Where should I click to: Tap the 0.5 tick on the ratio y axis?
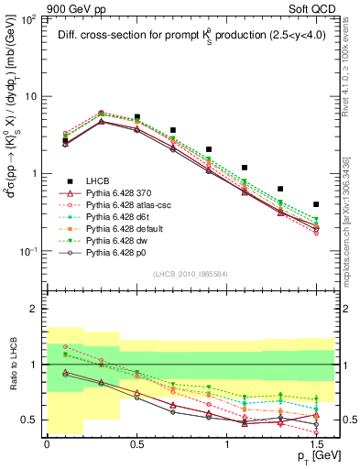pos(31,420)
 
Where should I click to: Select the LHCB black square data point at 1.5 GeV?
pos(316,204)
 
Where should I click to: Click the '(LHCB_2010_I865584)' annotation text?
pos(184,272)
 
